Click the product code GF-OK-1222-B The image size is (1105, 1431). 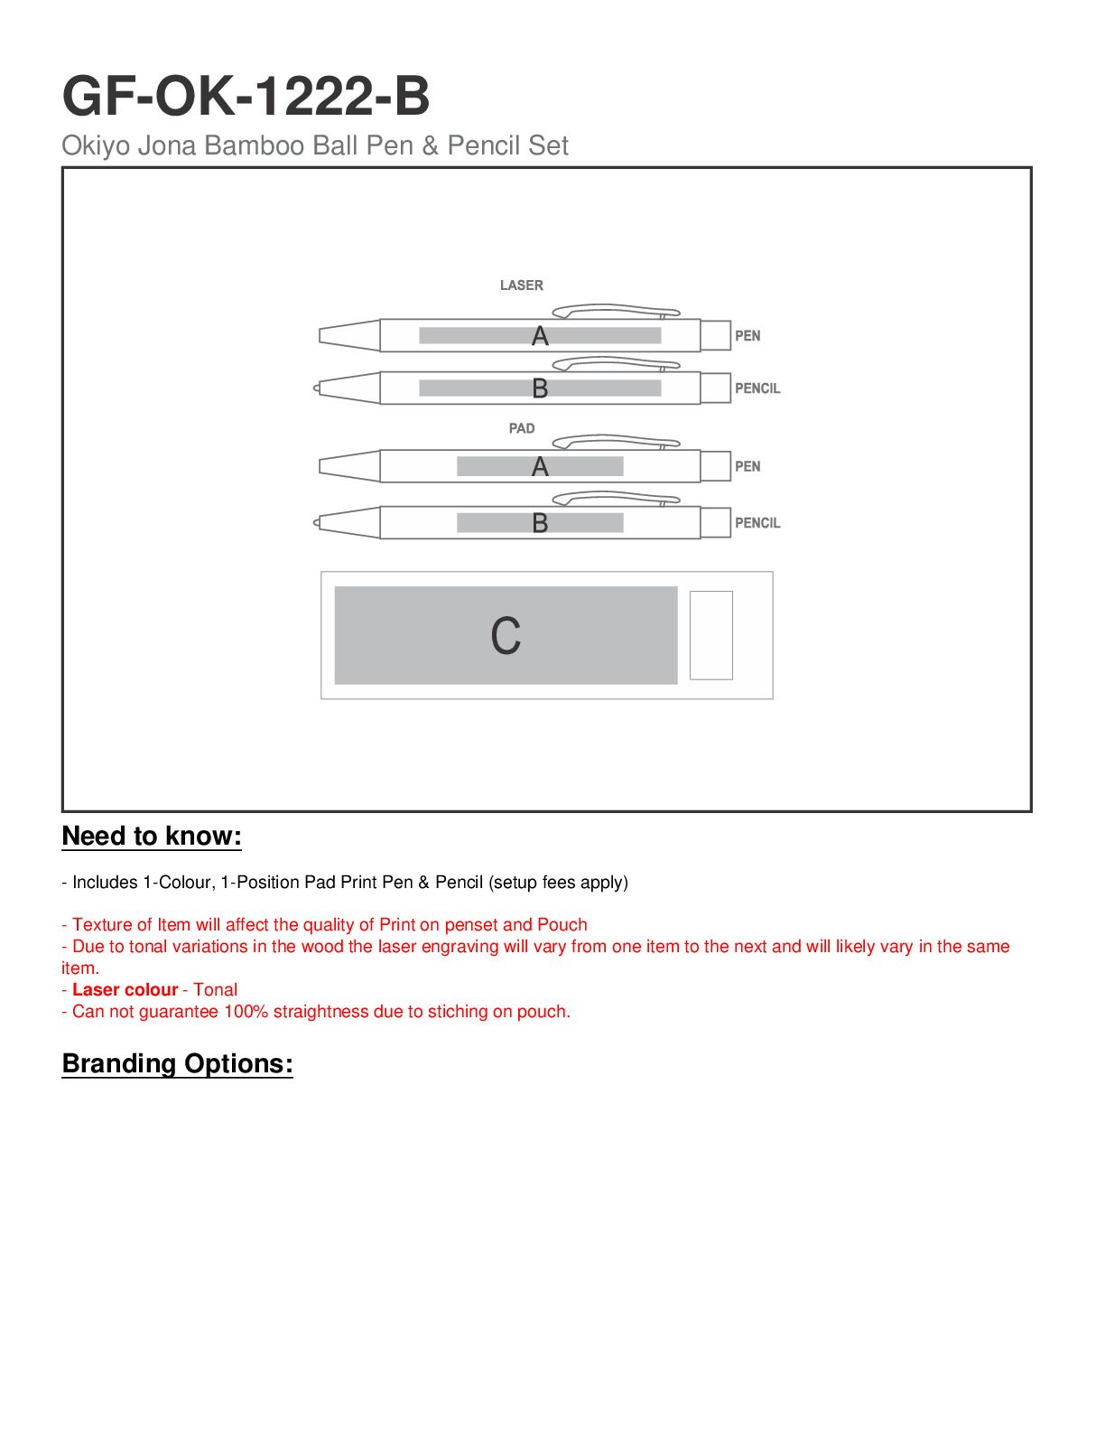coord(246,96)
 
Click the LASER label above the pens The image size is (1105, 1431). coord(522,285)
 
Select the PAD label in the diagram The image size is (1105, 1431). coord(522,428)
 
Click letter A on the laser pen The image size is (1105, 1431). coord(540,336)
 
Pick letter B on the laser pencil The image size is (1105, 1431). coord(540,388)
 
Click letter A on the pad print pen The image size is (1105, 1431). coord(540,467)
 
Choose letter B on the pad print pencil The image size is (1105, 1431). coord(540,523)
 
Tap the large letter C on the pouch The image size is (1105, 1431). coord(506,636)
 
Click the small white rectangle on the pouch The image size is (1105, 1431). coord(710,635)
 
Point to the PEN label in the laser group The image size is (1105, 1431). coord(747,336)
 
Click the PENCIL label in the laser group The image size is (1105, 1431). coord(757,388)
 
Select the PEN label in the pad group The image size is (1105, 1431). coord(747,467)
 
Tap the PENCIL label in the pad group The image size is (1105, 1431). coord(757,523)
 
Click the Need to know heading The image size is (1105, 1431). coord(152,837)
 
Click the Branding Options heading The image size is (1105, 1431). coord(177,1064)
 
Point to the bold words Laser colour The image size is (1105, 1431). coord(125,990)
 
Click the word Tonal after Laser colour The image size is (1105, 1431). coord(216,990)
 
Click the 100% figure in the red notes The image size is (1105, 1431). coord(246,1012)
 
